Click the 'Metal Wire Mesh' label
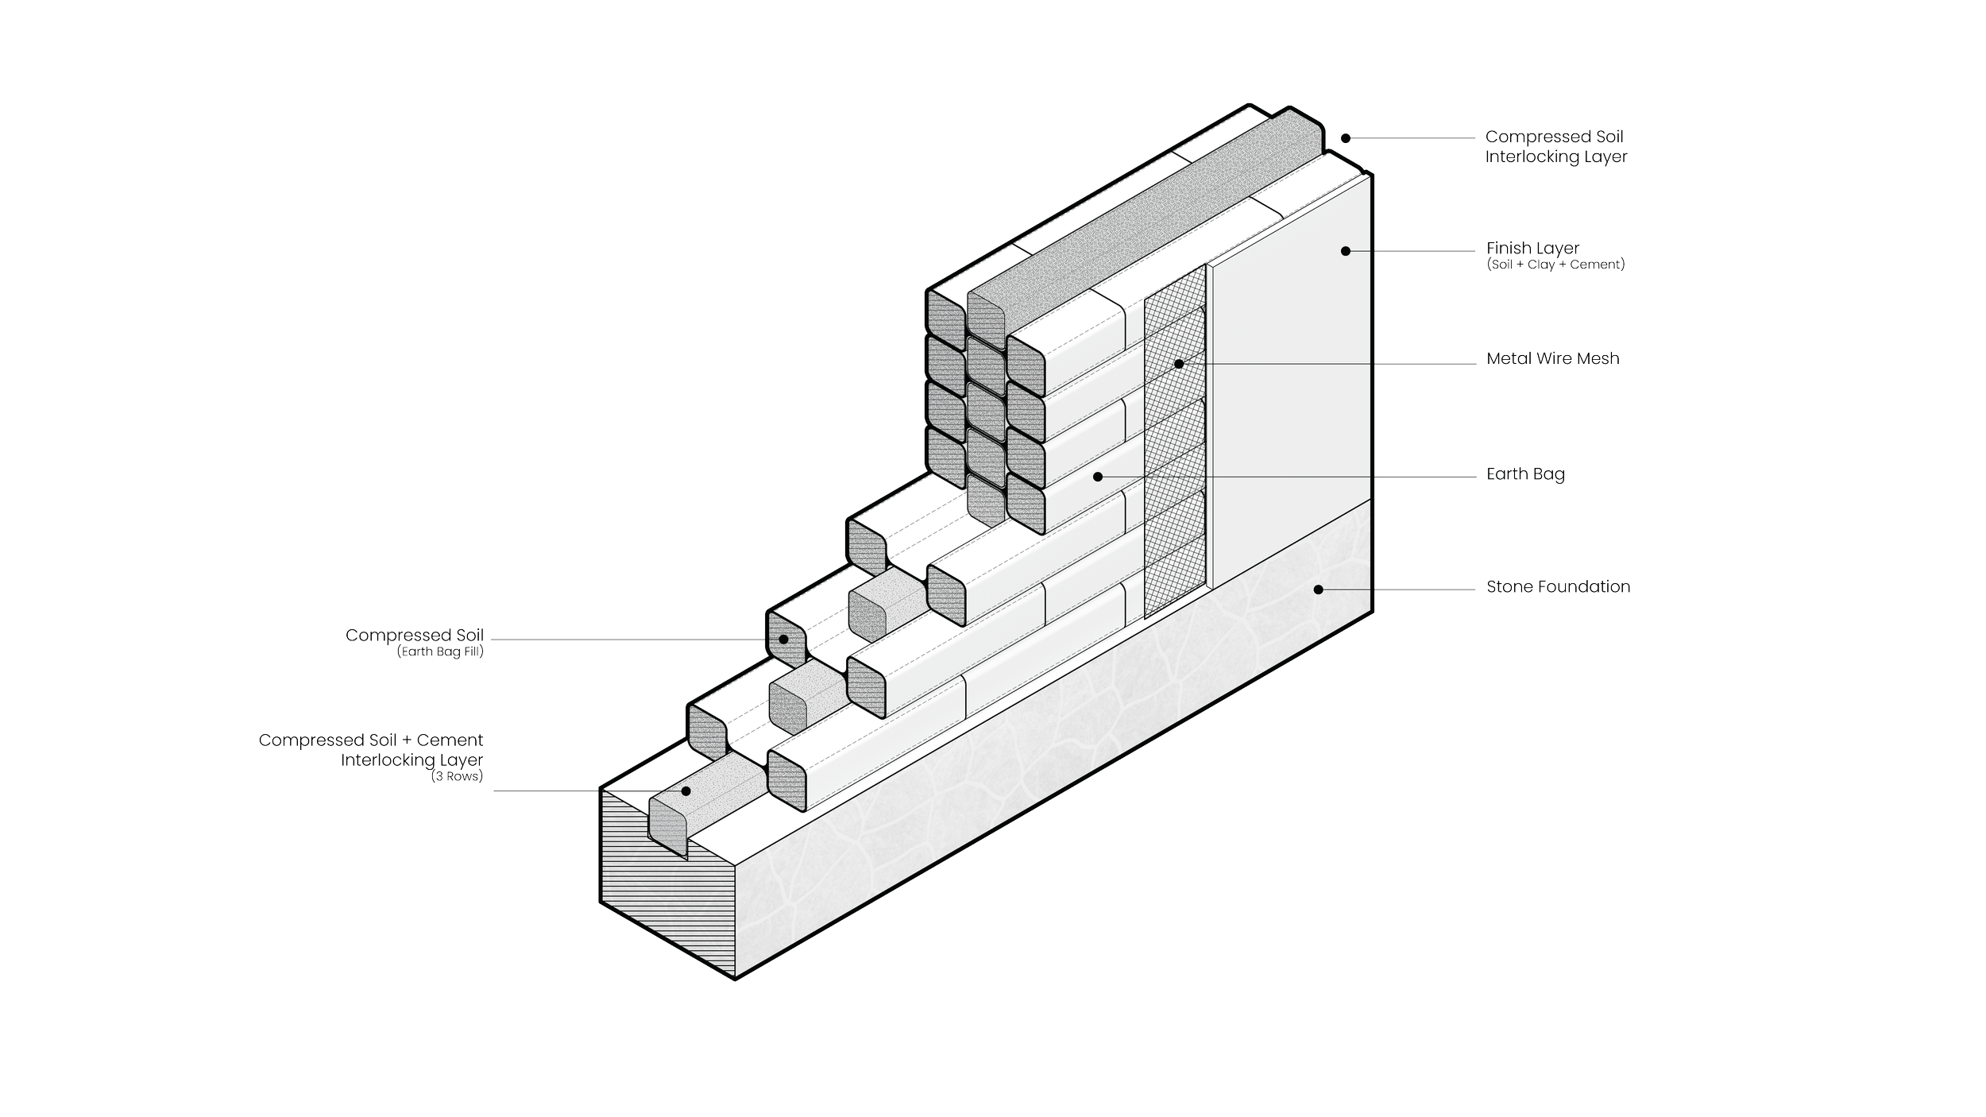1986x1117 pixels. pyautogui.click(x=1552, y=359)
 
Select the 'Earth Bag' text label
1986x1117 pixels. pyautogui.click(x=1525, y=474)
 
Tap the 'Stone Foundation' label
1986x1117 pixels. pyautogui.click(x=1558, y=587)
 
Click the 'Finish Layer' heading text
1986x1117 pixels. pyautogui.click(x=1532, y=249)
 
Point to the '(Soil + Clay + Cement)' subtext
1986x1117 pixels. pyautogui.click(x=1555, y=265)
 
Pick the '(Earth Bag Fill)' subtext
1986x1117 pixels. pyautogui.click(x=440, y=652)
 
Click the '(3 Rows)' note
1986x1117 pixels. pyautogui.click(x=457, y=776)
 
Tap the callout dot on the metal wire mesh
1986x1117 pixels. pyautogui.click(x=1179, y=364)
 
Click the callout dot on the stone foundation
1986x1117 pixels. pyautogui.click(x=1318, y=589)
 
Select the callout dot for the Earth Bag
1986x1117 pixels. pyautogui.click(x=1098, y=477)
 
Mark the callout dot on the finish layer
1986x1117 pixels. pyautogui.click(x=1346, y=251)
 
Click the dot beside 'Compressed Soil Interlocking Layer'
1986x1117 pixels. pyautogui.click(x=1346, y=138)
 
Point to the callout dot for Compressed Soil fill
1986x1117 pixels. pyautogui.click(x=783, y=640)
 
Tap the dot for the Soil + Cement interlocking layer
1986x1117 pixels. pyautogui.click(x=686, y=791)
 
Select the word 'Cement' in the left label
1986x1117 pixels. pyautogui.click(x=450, y=740)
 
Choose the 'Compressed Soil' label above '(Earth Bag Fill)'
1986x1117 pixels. pyautogui.click(x=414, y=636)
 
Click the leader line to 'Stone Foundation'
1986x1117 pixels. pyautogui.click(x=1398, y=589)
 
